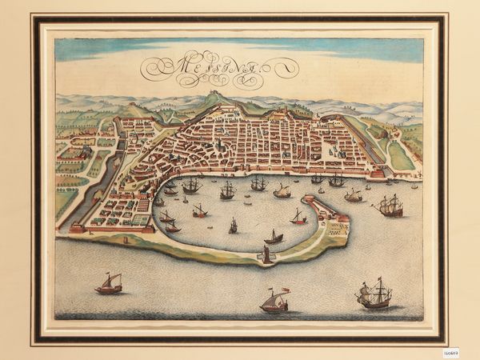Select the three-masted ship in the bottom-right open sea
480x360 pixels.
[374, 295]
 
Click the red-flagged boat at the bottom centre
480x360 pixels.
[274, 301]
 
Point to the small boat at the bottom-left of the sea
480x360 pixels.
[109, 283]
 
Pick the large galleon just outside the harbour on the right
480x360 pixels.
[389, 206]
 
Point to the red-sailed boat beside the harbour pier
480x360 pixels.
[298, 217]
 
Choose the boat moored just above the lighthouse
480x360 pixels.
[274, 237]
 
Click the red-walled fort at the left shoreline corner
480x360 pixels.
[77, 228]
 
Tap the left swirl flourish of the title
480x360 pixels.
[152, 75]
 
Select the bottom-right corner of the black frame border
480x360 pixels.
[444, 341]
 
